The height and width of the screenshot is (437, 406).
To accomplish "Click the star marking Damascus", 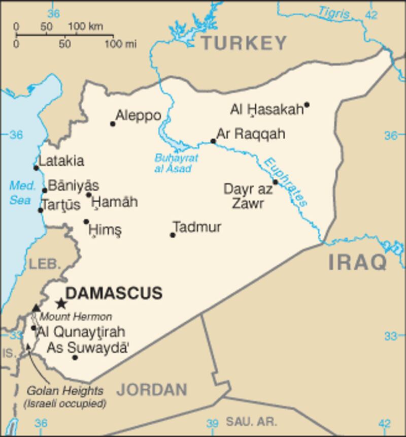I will (61, 304).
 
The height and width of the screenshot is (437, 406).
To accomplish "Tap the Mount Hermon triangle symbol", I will (36, 308).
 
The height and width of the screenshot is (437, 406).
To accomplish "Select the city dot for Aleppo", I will (113, 123).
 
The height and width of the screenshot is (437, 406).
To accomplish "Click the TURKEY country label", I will (244, 44).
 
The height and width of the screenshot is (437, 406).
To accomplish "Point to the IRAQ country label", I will (357, 263).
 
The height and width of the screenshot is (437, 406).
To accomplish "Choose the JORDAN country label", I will (152, 390).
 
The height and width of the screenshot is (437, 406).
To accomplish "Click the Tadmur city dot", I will (173, 235).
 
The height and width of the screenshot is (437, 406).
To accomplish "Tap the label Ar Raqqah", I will (251, 134).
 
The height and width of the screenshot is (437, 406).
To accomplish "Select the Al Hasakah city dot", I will (307, 105).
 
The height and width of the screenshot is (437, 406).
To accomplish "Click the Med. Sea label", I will (22, 193).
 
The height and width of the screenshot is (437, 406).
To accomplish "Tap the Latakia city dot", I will (36, 168).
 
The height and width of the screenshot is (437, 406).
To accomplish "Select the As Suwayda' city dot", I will (75, 357).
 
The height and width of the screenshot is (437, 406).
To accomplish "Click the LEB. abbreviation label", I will (45, 264).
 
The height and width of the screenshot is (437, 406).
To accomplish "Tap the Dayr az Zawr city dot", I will (275, 181).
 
